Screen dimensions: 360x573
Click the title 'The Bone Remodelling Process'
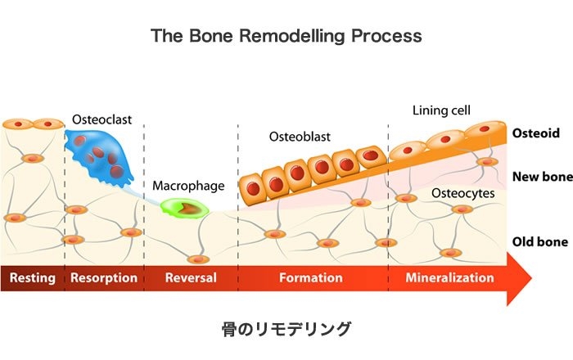(x=286, y=37)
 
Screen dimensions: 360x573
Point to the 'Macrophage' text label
(x=188, y=186)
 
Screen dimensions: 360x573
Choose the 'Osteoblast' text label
(x=300, y=137)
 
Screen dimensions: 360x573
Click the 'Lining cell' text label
(x=442, y=110)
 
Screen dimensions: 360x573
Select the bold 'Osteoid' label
(x=534, y=133)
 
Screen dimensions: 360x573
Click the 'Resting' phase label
(x=32, y=278)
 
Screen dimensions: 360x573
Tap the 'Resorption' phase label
(x=104, y=278)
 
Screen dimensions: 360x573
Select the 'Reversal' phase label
(x=191, y=278)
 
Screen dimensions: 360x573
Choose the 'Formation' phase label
(x=310, y=278)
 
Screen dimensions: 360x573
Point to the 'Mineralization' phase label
(x=450, y=278)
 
